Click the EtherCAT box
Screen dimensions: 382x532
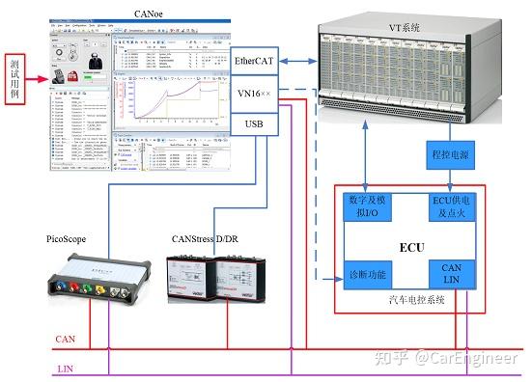coord(255,61)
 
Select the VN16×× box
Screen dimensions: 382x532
coord(255,94)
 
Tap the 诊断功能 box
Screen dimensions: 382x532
coord(367,275)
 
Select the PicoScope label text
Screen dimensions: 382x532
coord(70,237)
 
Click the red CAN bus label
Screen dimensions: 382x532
coord(65,339)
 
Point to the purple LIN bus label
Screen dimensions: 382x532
coord(65,368)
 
